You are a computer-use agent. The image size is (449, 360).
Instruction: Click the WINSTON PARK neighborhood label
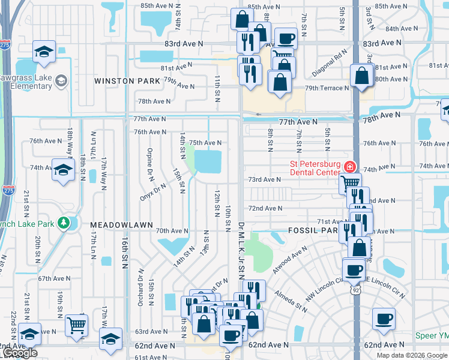pyautogui.click(x=127, y=80)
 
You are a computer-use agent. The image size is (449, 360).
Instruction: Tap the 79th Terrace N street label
pyautogui.click(x=327, y=88)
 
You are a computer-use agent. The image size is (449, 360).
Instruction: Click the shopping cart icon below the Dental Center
pyautogui.click(x=349, y=182)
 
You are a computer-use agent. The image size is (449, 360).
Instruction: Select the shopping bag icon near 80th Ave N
pyautogui.click(x=362, y=76)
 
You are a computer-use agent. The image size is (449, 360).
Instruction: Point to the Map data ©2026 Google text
pyautogui.click(x=412, y=355)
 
